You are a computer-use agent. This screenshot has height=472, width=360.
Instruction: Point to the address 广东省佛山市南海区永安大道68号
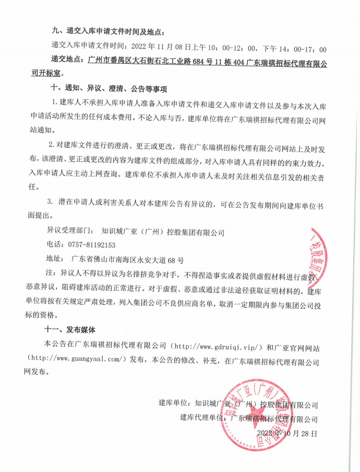click(x=127, y=259)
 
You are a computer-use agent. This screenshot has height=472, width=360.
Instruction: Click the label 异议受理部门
click(x=66, y=230)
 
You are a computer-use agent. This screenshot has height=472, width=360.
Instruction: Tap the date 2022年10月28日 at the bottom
click(x=287, y=433)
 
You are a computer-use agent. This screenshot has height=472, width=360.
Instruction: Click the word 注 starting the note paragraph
click(x=50, y=273)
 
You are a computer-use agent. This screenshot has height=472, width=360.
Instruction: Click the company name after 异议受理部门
click(x=163, y=230)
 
